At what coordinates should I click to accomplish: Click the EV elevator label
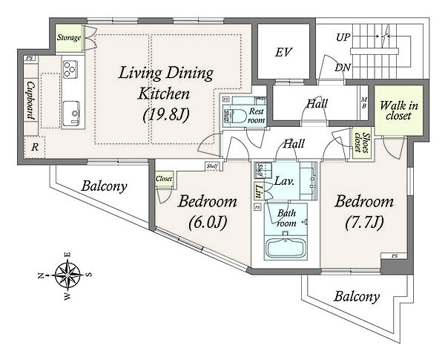tap(283, 52)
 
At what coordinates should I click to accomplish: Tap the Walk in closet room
tap(399, 111)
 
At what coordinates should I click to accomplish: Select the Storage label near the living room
tap(69, 38)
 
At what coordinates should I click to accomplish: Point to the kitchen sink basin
tap(71, 113)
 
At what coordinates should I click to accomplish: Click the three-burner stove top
tap(70, 69)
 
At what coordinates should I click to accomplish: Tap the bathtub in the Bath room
tap(286, 248)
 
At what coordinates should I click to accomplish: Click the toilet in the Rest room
tap(235, 116)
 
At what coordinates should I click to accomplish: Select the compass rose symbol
tap(67, 275)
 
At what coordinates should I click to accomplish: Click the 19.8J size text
tap(166, 115)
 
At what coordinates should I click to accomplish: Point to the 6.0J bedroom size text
tap(208, 222)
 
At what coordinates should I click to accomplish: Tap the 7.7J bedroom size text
tap(364, 222)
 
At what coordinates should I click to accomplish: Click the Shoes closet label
tap(362, 143)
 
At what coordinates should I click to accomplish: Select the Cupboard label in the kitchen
tap(30, 101)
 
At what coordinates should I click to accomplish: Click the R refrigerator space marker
tap(35, 147)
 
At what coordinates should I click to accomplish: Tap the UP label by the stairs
tap(343, 37)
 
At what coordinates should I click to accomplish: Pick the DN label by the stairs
tap(343, 68)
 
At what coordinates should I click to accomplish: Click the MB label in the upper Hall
tap(364, 103)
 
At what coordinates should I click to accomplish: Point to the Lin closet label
tap(258, 192)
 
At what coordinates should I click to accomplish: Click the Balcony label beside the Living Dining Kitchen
tap(104, 186)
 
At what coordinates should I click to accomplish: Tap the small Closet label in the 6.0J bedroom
tap(164, 179)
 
